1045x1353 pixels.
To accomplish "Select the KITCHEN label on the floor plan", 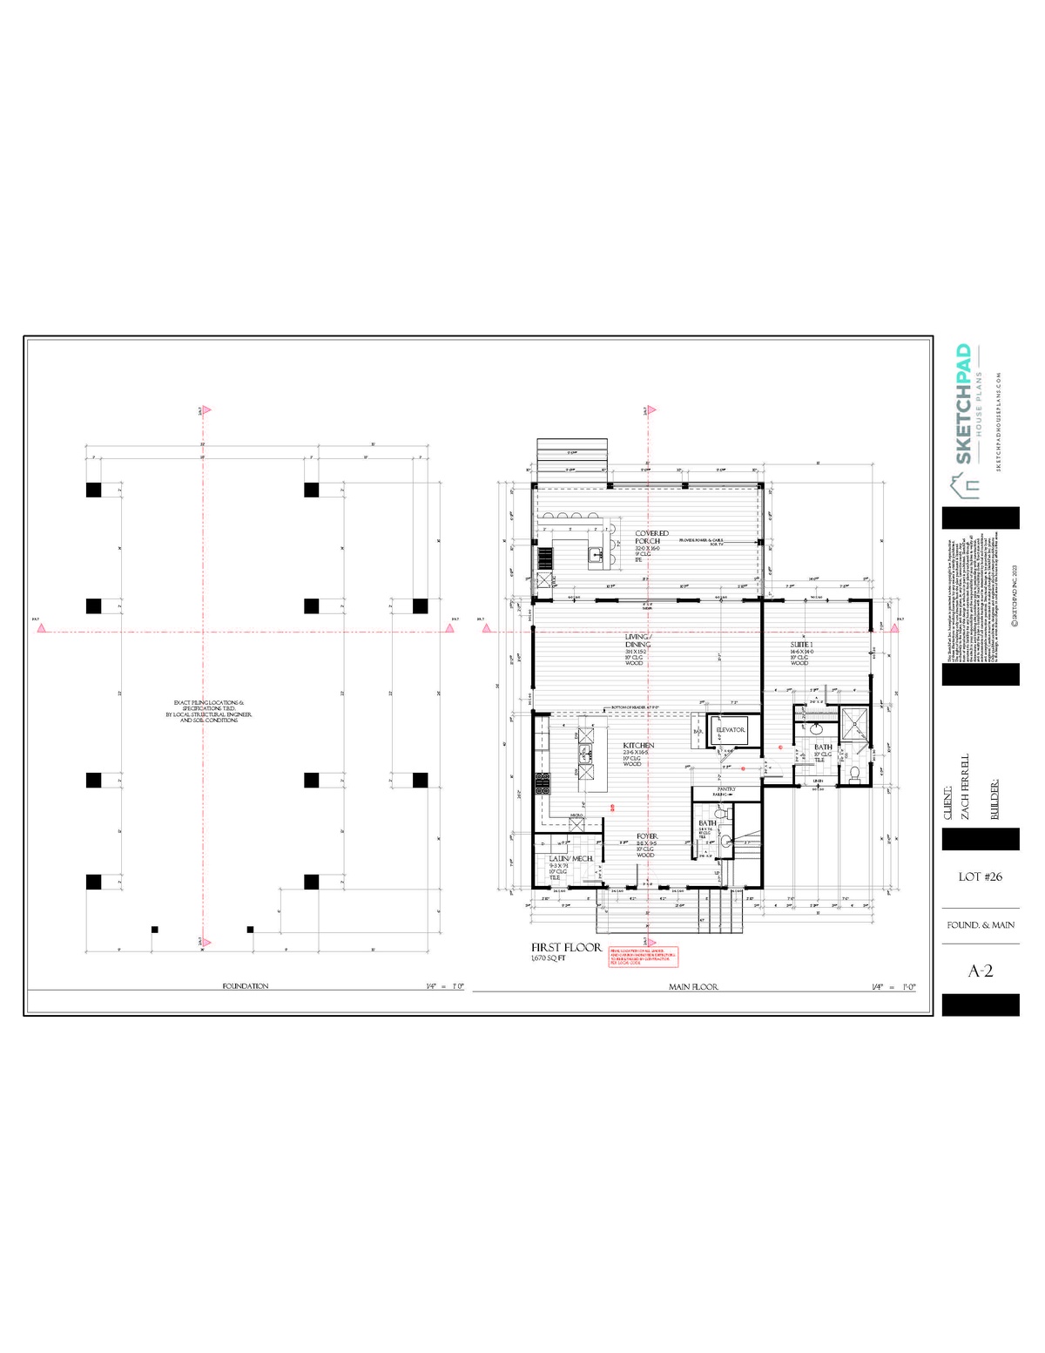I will (637, 746).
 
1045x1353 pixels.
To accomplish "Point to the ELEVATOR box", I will (730, 730).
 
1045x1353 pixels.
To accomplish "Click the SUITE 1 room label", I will (801, 645).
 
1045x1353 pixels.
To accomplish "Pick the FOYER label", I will (646, 836).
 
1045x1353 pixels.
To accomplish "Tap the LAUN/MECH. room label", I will (570, 859).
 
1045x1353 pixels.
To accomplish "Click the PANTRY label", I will (725, 789).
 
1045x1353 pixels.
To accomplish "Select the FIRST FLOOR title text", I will (566, 947).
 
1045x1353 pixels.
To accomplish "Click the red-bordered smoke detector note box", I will (643, 957).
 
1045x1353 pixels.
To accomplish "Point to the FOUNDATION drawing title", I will (246, 986).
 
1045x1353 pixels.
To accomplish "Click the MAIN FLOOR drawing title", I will (693, 987).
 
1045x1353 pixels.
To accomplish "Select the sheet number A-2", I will (981, 971).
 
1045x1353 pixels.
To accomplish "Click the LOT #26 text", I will (981, 876).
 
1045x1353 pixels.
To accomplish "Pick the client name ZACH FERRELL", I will (964, 787).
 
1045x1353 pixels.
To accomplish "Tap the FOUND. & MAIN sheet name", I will (981, 925).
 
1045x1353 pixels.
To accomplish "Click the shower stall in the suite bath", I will (854, 722).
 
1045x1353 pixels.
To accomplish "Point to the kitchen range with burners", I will (542, 782).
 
